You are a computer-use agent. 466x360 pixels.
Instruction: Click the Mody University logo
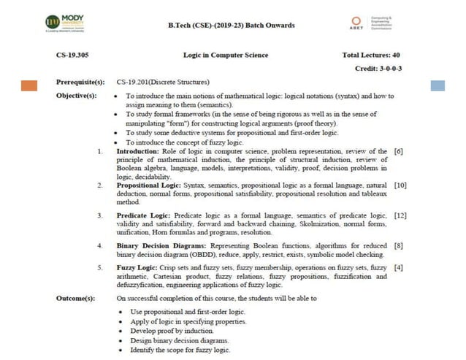[65, 23]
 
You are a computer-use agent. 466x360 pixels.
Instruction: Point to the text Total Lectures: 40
[370, 55]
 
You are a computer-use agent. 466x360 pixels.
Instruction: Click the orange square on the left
[29, 85]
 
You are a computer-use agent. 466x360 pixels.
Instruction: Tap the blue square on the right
[438, 85]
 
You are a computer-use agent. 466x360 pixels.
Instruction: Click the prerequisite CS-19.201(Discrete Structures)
[163, 82]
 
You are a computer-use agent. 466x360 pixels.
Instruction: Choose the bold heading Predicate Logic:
[144, 216]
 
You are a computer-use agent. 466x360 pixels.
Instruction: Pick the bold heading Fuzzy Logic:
[137, 268]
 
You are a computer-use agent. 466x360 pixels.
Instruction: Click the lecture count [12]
[400, 216]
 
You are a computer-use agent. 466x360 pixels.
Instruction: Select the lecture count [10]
[400, 186]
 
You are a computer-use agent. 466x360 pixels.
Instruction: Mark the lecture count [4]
[398, 268]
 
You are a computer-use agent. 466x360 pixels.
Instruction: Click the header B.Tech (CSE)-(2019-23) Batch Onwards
[232, 26]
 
